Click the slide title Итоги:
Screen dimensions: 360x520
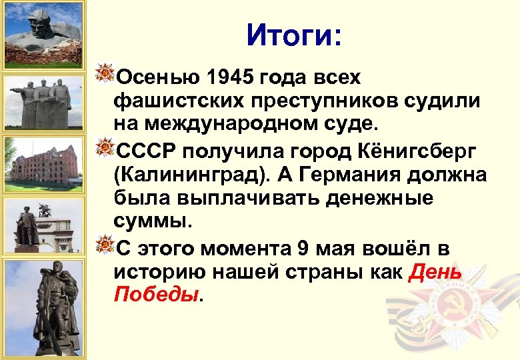point(293,34)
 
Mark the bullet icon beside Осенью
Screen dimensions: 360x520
point(105,75)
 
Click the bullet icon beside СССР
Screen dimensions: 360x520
point(105,148)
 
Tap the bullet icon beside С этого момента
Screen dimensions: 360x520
point(105,245)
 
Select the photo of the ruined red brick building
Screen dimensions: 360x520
point(43,163)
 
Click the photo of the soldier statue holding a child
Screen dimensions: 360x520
point(43,307)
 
